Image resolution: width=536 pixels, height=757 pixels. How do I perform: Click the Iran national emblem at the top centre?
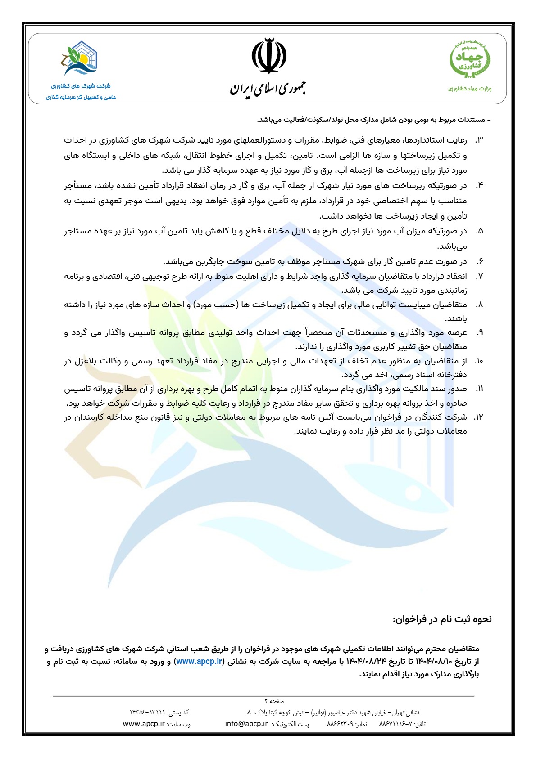point(268,56)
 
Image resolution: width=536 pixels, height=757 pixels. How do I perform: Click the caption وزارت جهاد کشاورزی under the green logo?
point(470,89)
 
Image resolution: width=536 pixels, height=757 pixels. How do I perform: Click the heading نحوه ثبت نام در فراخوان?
point(442,619)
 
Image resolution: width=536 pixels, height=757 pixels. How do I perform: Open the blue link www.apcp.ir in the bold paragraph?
point(199,661)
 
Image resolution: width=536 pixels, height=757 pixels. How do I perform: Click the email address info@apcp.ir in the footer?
point(246,724)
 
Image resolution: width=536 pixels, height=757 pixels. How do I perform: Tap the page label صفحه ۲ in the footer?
point(274,701)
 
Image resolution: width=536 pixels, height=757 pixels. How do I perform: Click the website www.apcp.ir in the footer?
point(143,724)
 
